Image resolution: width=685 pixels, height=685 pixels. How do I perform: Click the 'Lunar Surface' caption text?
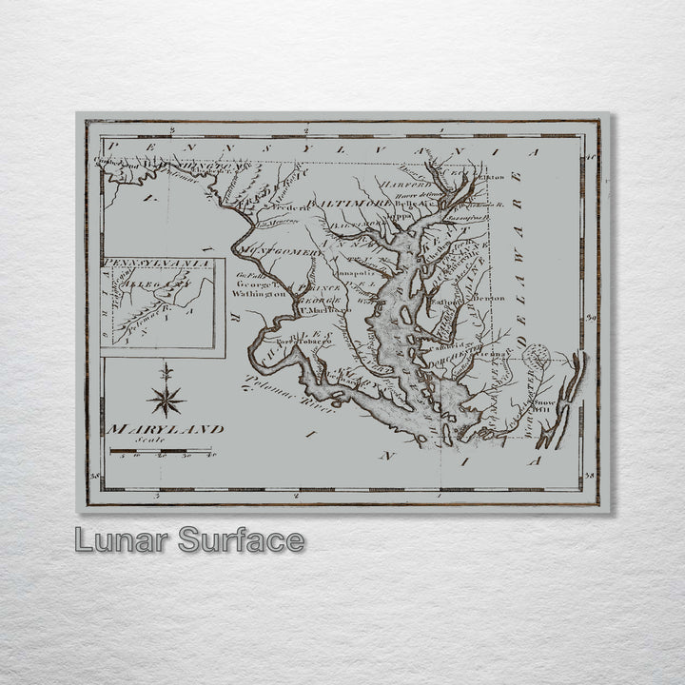click(x=190, y=540)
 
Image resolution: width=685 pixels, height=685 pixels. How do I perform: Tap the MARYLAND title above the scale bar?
click(x=166, y=429)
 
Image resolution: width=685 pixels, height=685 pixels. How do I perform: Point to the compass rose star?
click(x=166, y=398)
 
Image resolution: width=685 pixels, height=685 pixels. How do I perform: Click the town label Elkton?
click(x=492, y=177)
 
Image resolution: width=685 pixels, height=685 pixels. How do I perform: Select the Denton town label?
click(x=489, y=298)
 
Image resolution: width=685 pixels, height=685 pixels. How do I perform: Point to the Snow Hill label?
click(x=544, y=405)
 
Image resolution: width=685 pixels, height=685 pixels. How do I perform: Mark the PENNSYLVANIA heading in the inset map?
click(x=156, y=263)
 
